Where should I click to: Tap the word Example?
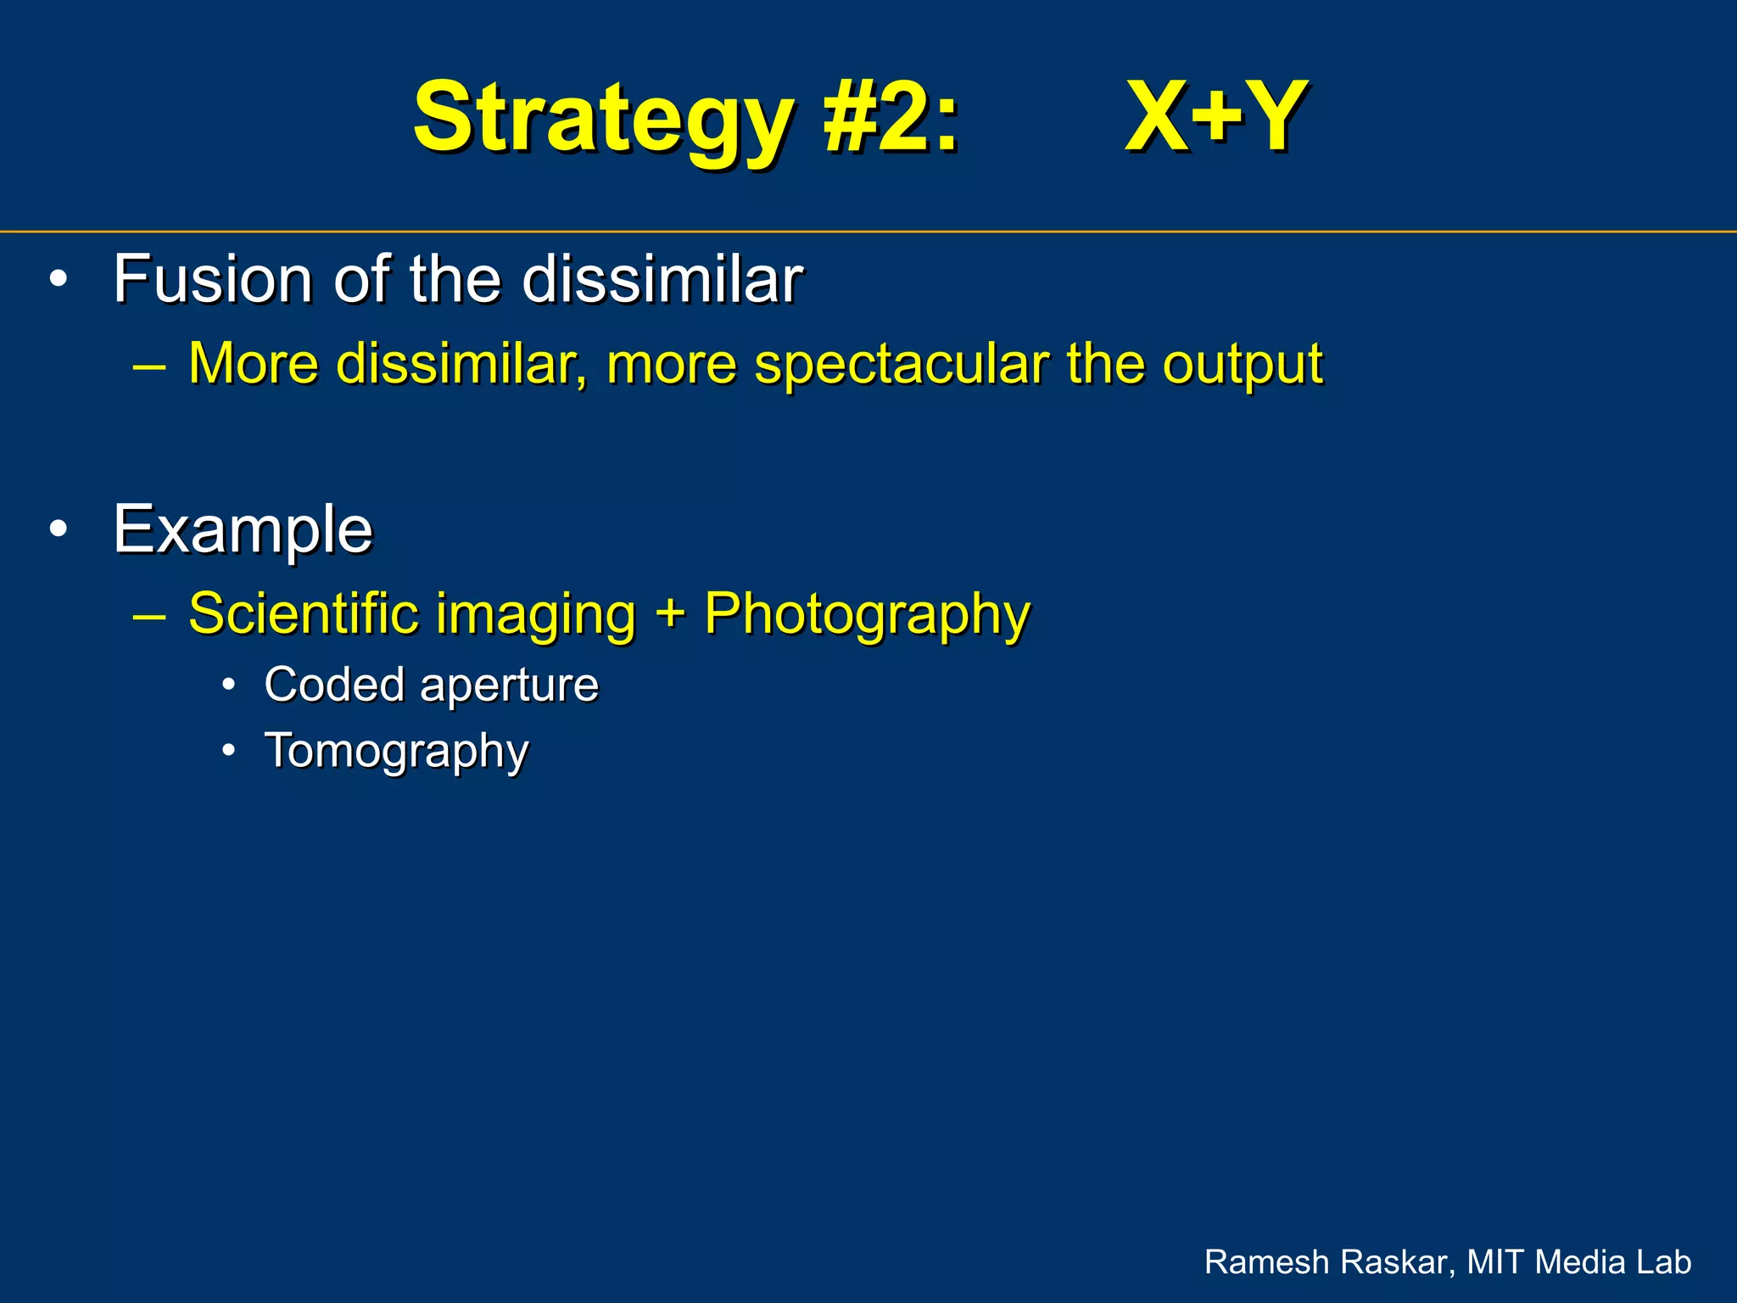[x=243, y=529]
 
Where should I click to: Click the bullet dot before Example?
[x=58, y=528]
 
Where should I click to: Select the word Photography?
[x=867, y=614]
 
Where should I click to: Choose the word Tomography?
[x=396, y=752]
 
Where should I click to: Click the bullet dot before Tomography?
[x=228, y=751]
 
